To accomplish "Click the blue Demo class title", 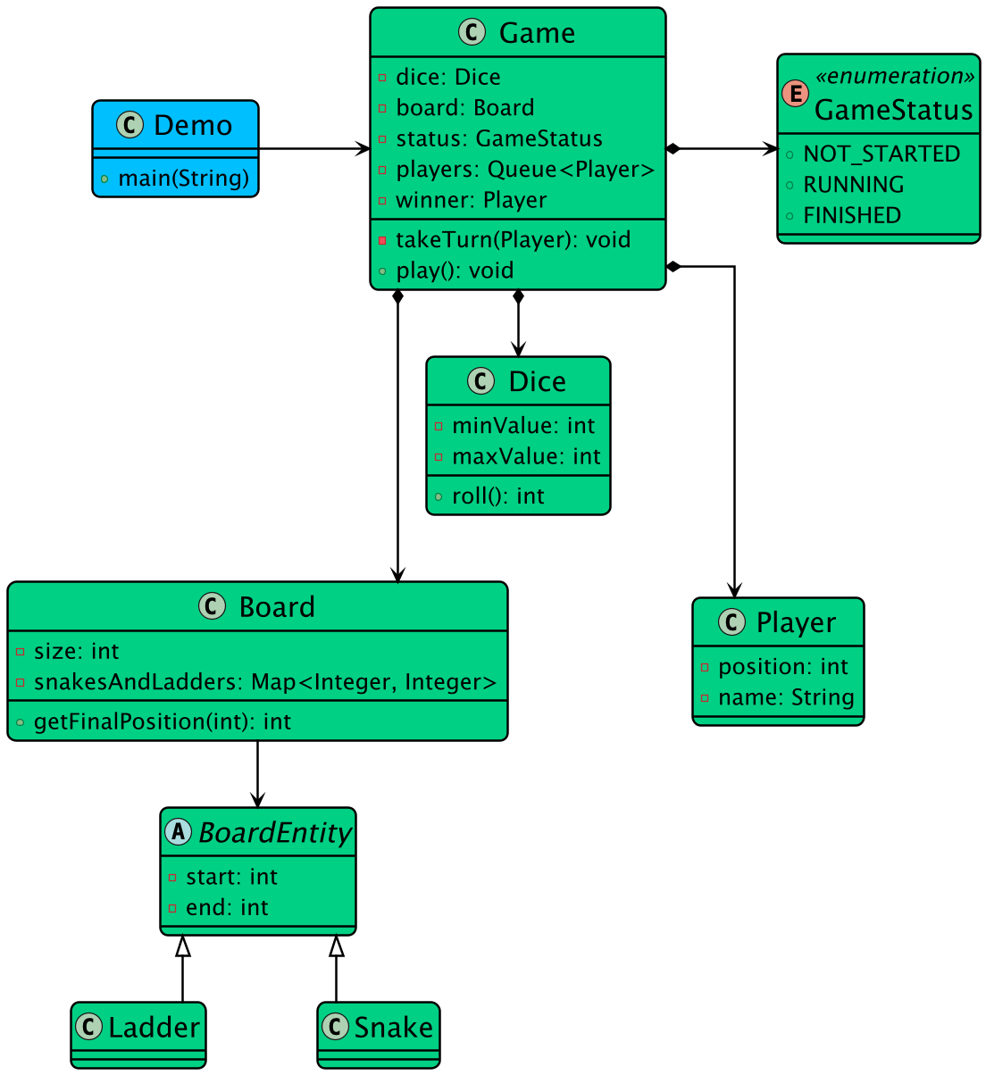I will [192, 126].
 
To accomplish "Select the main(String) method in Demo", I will [183, 179].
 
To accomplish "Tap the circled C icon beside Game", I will [472, 33].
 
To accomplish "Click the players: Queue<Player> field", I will [524, 170].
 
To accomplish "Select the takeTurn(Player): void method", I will [513, 240].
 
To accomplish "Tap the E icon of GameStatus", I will [795, 93].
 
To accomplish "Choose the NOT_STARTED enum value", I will [881, 154].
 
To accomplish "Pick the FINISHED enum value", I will [851, 216].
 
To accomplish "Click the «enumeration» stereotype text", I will [893, 77].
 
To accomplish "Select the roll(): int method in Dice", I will [497, 496].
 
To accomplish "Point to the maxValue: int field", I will [526, 457].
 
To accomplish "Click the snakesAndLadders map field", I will [264, 683].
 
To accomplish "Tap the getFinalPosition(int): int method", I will [162, 722].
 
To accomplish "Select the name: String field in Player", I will [785, 698].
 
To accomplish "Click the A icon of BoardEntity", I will [179, 832].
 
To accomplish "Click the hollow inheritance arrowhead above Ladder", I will [183, 946].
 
